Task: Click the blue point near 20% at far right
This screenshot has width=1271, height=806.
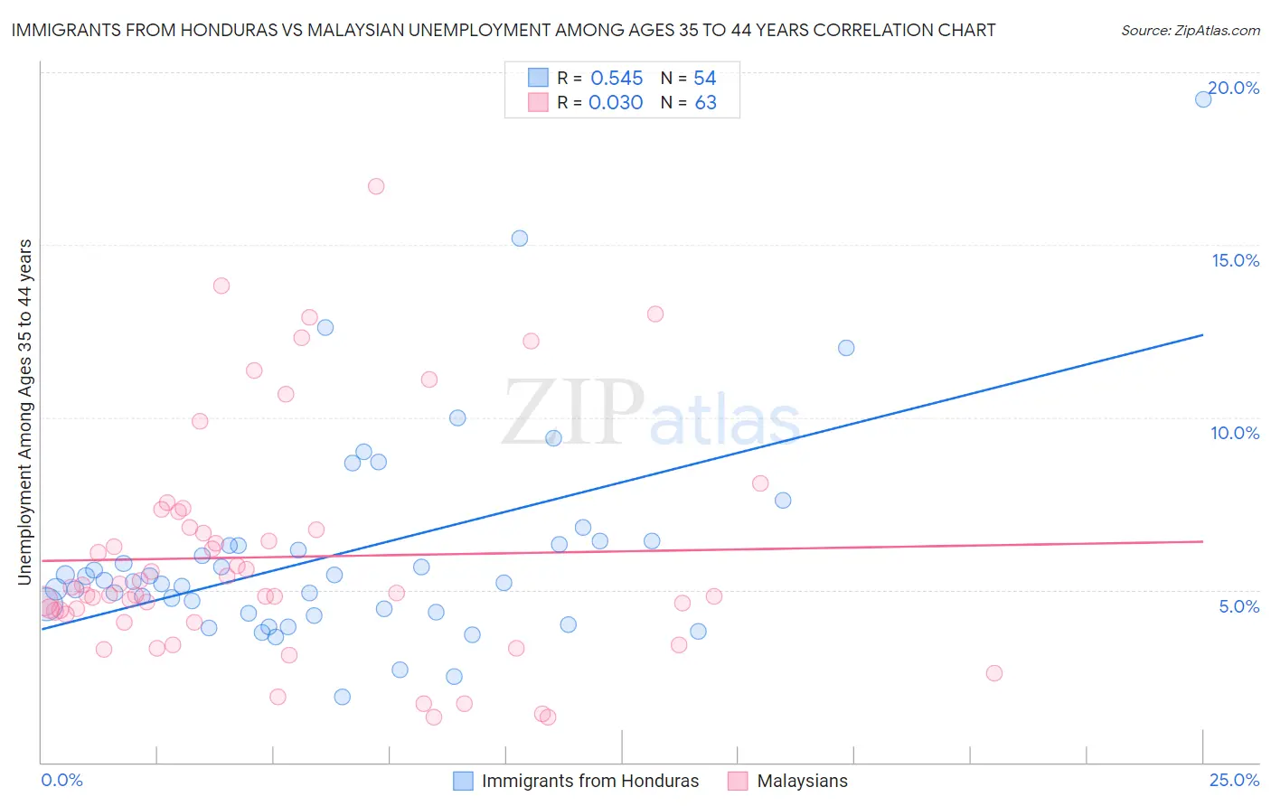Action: (1203, 99)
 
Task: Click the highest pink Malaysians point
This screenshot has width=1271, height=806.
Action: (376, 186)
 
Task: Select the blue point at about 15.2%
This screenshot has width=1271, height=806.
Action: (520, 239)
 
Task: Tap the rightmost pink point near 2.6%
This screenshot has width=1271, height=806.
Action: (994, 673)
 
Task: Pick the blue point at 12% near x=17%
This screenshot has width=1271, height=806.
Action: (846, 348)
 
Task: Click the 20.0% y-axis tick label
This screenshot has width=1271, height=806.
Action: (1234, 88)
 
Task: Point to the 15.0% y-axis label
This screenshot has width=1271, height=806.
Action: (1235, 260)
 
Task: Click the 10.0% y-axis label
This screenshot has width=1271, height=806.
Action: (1235, 433)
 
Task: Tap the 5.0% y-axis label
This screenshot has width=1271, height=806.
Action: (1238, 606)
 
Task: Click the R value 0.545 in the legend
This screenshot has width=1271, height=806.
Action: (617, 79)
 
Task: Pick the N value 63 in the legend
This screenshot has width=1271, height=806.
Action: (705, 103)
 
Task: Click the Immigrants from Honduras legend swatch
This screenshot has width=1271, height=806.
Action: (463, 782)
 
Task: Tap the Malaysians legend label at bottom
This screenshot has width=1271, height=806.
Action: (802, 782)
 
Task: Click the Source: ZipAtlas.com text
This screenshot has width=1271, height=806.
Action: (1190, 31)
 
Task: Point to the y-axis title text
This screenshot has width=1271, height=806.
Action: (25, 412)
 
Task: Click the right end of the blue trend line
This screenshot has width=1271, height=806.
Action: (1202, 335)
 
